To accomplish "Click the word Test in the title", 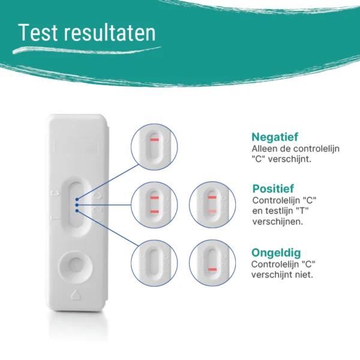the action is (38, 32).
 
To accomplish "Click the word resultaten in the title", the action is (110, 32).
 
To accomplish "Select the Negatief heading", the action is (275, 137).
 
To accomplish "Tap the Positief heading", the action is (273, 189).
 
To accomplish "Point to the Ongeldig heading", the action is (276, 253).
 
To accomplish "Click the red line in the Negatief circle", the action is (155, 140).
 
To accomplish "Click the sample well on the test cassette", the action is (76, 267).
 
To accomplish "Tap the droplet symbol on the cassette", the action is (76, 295).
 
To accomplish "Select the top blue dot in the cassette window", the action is (77, 199).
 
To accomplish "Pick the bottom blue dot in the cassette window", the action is (77, 211).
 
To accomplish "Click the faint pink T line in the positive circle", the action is (212, 211).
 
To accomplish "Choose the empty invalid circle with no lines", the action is (154, 263).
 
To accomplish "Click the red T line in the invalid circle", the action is (212, 269).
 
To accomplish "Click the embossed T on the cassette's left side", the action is (55, 218).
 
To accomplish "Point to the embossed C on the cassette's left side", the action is (55, 194).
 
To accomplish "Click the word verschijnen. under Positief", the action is (278, 222).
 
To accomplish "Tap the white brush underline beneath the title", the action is (87, 50).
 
